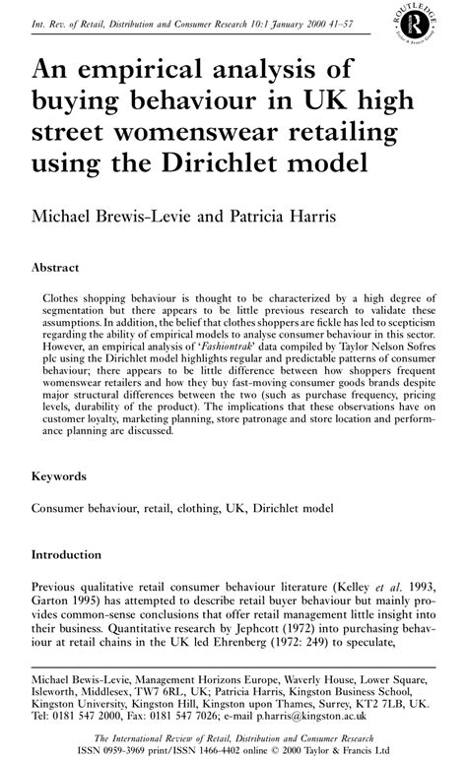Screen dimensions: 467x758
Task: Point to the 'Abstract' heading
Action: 56,267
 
